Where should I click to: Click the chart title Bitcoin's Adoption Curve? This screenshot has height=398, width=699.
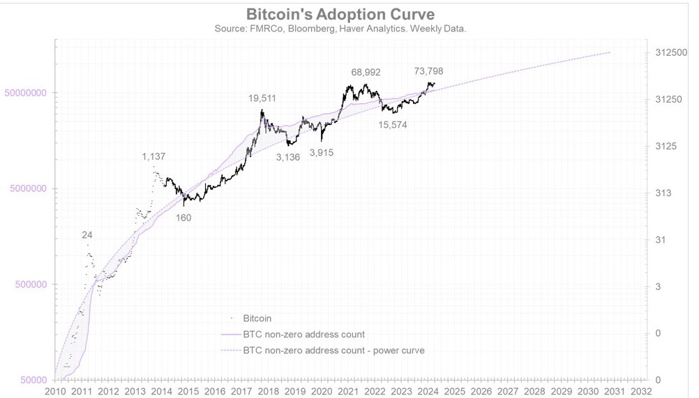(340, 14)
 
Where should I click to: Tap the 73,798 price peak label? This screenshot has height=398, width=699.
(428, 71)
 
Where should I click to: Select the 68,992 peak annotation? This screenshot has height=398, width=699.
(366, 72)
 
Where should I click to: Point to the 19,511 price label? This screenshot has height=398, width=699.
(262, 98)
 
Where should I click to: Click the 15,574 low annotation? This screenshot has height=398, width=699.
(393, 125)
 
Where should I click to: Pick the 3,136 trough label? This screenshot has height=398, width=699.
(287, 157)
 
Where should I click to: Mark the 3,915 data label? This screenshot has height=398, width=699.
(322, 152)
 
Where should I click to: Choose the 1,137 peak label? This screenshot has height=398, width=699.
(153, 156)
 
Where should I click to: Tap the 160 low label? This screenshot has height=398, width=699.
(183, 218)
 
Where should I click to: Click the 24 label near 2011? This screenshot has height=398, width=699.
(87, 235)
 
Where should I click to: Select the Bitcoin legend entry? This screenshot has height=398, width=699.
(257, 318)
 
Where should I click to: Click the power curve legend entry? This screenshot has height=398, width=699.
(333, 351)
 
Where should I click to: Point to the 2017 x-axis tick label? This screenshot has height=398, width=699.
(241, 392)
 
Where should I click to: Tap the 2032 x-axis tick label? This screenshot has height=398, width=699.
(640, 392)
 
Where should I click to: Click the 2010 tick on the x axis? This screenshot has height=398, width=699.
(55, 392)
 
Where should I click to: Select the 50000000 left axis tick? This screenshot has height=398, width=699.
(26, 93)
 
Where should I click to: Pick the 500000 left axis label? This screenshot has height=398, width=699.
(31, 285)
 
